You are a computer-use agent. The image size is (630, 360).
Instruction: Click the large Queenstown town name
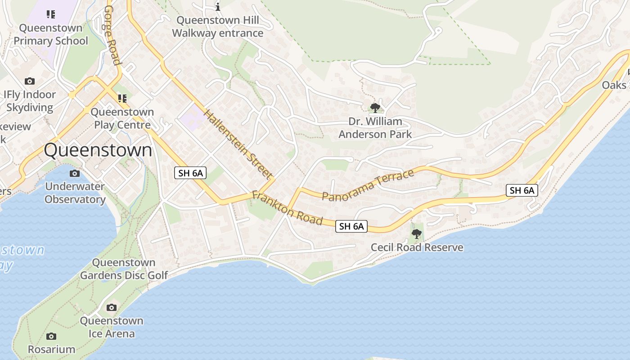point(98,150)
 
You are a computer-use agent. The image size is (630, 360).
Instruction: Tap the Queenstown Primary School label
point(51,34)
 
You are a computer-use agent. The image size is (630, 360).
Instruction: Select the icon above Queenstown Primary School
point(51,14)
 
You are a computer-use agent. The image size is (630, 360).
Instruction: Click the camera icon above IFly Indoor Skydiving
point(30,81)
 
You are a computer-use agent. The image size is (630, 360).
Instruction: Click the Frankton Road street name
point(287,208)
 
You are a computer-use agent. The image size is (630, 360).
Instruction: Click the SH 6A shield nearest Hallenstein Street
point(190,173)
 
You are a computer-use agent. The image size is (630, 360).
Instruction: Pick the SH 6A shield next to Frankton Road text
point(351,226)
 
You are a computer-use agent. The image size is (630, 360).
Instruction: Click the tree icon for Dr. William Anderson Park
point(375,108)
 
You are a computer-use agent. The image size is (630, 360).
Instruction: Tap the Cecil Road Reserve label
point(417,247)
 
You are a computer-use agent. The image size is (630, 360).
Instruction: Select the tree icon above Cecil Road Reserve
point(417,234)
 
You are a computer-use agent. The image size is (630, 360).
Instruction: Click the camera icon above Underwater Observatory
point(75,173)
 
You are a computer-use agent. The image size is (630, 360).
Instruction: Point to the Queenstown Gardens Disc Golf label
point(124,269)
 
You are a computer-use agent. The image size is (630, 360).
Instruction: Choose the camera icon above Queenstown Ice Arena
point(111,308)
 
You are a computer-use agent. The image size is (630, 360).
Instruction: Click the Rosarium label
point(51,349)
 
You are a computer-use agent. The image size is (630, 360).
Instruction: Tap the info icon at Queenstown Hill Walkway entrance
point(218,7)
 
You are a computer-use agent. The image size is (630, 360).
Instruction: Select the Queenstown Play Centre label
point(122,118)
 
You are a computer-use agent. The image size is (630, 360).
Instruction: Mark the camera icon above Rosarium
point(51,336)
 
